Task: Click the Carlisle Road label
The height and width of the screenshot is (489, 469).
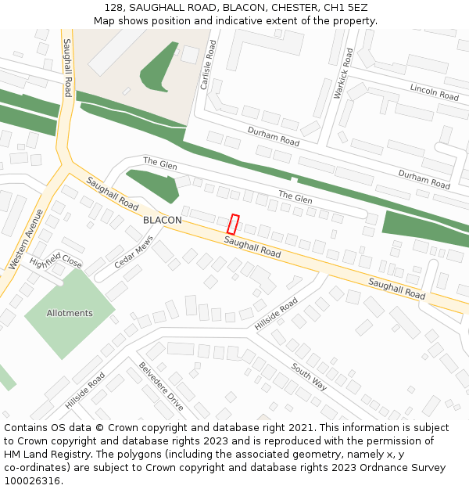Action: click(x=208, y=66)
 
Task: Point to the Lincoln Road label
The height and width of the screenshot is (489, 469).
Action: click(x=434, y=92)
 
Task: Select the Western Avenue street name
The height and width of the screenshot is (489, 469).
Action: click(x=26, y=239)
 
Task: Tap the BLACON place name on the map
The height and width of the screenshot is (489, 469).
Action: click(x=163, y=221)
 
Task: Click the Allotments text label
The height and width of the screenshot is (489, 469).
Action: click(x=70, y=313)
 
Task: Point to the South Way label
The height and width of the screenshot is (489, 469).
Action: click(x=309, y=376)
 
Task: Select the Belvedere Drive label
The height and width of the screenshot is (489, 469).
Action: click(x=161, y=387)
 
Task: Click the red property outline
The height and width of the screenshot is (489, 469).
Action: click(x=233, y=224)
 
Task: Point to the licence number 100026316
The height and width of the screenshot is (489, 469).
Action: click(x=33, y=481)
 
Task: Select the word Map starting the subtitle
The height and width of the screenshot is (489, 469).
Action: click(x=104, y=21)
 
